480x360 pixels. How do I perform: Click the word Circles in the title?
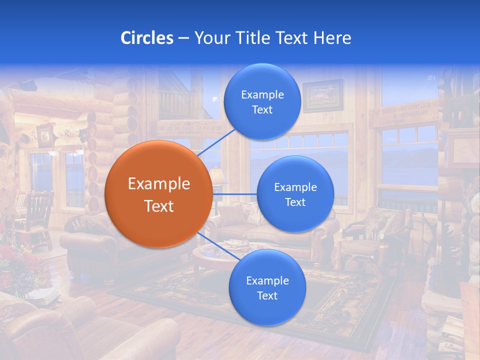(x=147, y=38)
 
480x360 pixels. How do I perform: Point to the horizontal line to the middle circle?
(x=235, y=194)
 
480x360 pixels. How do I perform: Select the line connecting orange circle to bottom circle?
(x=215, y=245)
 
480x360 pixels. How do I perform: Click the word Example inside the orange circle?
(x=158, y=183)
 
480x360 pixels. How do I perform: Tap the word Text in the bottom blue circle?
(x=267, y=295)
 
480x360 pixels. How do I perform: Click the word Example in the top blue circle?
(x=262, y=94)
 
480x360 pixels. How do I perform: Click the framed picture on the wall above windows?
(x=323, y=95)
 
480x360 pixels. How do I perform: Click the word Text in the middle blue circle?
(x=295, y=202)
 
